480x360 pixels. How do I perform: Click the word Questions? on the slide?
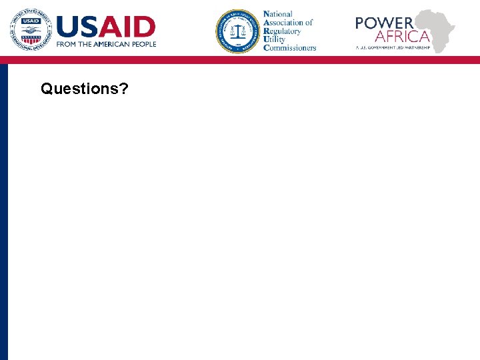coord(84,88)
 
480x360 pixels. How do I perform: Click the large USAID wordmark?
coord(106,27)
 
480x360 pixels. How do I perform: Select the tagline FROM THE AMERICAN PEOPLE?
coord(107,45)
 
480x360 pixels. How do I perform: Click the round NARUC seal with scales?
coord(237,31)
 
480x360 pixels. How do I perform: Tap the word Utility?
coord(275,39)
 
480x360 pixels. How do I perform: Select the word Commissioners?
coord(289,48)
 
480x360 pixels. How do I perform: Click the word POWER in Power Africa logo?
coord(384,23)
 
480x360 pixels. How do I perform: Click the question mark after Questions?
coord(125,88)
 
